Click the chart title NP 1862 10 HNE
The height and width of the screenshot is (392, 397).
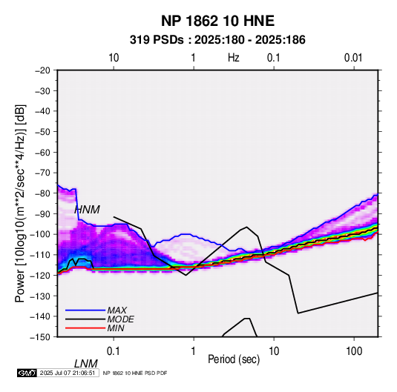(x=217, y=21)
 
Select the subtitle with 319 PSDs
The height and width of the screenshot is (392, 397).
(x=217, y=40)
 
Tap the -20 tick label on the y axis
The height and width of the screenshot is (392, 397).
(x=42, y=70)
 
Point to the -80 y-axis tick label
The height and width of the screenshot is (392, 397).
(x=42, y=193)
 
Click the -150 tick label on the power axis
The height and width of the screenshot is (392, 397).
(x=40, y=337)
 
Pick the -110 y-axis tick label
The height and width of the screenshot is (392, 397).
(x=40, y=255)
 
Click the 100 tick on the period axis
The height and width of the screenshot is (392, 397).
(x=354, y=351)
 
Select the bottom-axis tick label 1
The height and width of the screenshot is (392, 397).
(x=194, y=351)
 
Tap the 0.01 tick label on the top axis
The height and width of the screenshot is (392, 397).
(x=353, y=58)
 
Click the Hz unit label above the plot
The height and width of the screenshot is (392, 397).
(x=234, y=58)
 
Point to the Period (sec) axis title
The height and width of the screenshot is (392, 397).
(x=234, y=359)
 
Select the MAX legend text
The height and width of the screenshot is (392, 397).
(x=117, y=310)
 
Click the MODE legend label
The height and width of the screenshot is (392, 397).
(x=120, y=319)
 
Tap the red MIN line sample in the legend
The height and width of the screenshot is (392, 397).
(x=85, y=328)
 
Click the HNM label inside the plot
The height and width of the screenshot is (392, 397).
(x=87, y=210)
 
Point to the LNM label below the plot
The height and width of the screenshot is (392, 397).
(x=86, y=364)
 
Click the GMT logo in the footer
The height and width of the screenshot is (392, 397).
(x=27, y=373)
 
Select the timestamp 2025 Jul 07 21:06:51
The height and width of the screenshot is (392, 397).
(x=68, y=373)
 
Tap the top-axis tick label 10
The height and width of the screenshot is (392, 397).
(x=114, y=58)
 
